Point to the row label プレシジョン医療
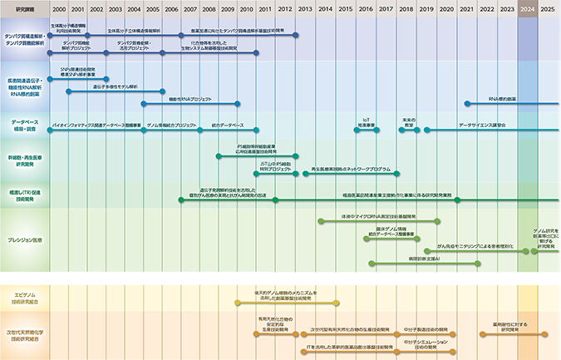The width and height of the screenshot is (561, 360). [24, 239]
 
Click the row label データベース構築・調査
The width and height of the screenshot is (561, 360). [24, 126]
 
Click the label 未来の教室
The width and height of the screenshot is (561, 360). [408, 122]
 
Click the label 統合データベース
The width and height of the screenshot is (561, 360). [227, 125]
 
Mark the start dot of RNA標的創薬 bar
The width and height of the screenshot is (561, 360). [467, 104]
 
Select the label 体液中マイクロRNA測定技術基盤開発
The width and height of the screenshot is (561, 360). [374, 215]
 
